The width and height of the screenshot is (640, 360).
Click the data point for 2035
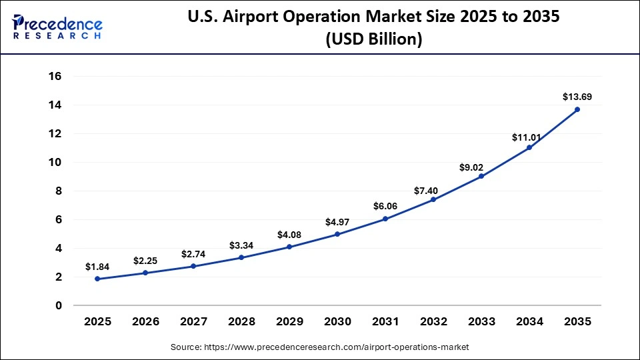point(577,109)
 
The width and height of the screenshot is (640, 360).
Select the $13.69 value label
point(577,97)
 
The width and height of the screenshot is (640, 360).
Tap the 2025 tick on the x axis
point(97,321)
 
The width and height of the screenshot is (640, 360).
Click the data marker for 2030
point(337,234)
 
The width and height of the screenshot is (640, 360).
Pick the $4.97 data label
point(337,221)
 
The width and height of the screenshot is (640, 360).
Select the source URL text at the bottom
point(320,347)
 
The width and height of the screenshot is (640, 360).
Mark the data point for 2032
point(433,199)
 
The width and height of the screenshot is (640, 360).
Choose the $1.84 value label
point(97,267)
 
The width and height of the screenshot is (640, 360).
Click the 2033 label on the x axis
point(481,321)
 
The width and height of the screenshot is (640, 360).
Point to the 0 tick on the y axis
point(58,306)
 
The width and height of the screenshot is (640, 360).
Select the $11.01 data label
point(529,137)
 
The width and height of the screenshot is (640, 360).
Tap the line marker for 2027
point(193,266)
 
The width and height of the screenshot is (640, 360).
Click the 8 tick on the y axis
point(58,191)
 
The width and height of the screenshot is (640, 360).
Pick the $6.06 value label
point(385,206)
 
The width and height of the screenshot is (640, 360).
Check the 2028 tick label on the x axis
point(241,321)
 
